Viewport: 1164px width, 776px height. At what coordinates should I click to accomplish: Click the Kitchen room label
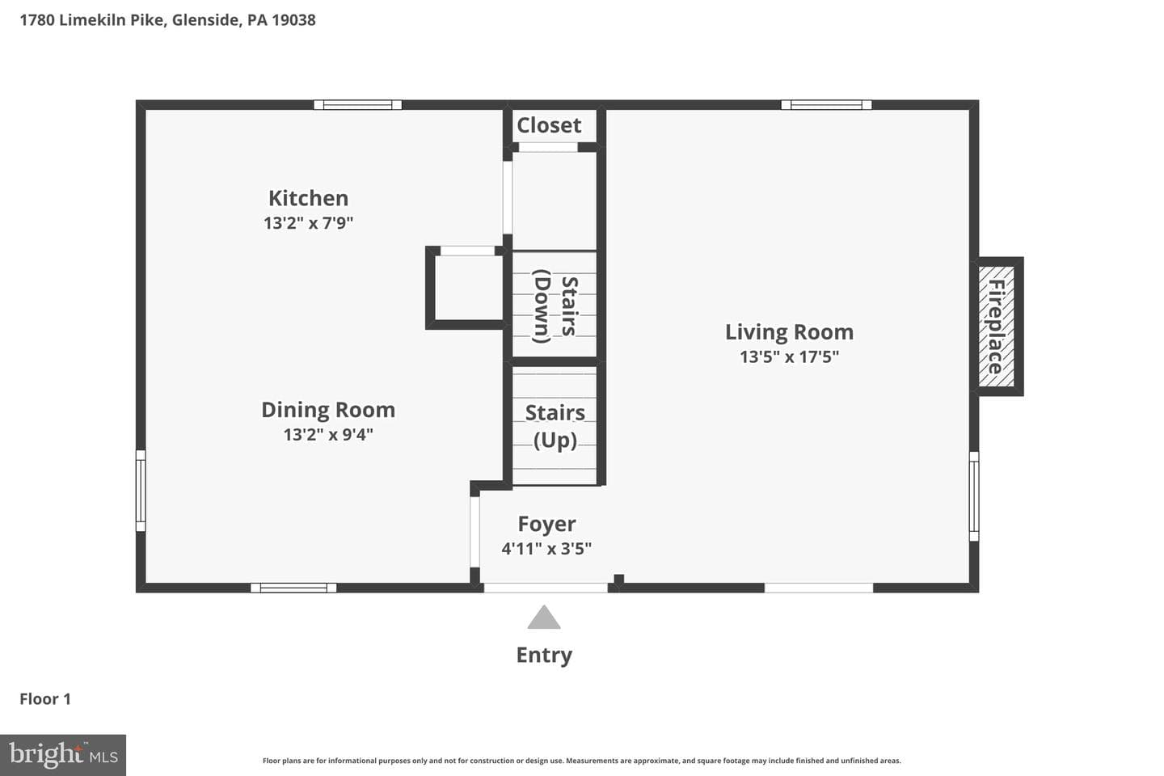(x=308, y=198)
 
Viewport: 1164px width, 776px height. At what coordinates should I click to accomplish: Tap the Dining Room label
(x=328, y=410)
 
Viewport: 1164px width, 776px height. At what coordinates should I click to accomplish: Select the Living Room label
(x=789, y=333)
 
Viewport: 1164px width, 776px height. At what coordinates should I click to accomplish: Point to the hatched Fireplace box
(x=996, y=327)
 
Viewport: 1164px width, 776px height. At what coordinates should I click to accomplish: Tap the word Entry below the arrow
(x=544, y=656)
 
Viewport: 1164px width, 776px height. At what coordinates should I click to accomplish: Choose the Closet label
(x=549, y=125)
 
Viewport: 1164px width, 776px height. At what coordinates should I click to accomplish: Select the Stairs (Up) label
(x=555, y=426)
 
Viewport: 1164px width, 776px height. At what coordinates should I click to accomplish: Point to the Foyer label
(x=546, y=524)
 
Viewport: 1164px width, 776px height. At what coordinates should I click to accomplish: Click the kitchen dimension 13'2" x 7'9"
(x=308, y=223)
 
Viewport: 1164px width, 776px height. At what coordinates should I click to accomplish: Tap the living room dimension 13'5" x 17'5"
(x=789, y=357)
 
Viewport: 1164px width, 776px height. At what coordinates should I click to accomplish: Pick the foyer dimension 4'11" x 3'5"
(x=546, y=549)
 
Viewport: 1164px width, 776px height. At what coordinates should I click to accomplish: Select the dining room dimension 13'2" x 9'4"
(x=328, y=435)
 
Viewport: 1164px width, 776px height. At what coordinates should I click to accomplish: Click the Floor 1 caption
(x=45, y=699)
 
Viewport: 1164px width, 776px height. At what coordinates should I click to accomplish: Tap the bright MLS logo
(x=63, y=755)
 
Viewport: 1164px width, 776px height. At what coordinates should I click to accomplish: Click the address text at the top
(x=168, y=20)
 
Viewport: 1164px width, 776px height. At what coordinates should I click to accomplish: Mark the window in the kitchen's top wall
(x=357, y=105)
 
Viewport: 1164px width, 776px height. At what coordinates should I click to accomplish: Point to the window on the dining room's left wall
(x=141, y=491)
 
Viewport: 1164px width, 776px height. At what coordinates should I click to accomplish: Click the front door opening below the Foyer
(x=546, y=588)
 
